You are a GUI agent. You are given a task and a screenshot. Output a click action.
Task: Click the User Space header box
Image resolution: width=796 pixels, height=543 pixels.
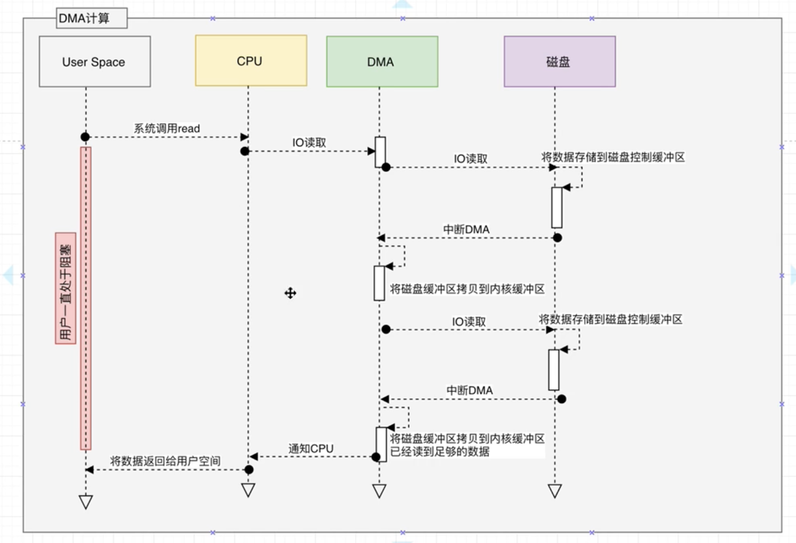point(95,61)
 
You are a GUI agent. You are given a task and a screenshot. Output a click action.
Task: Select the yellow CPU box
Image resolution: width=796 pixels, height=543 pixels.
point(251,61)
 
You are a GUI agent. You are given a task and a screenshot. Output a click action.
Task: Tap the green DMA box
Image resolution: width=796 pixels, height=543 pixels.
point(382,61)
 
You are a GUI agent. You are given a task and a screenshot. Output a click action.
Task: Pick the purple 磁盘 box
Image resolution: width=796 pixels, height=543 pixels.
point(560,61)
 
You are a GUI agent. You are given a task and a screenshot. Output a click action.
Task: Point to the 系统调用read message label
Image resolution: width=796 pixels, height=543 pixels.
point(166,128)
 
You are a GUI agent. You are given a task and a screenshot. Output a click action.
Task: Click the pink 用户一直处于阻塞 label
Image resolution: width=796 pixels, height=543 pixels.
point(65,289)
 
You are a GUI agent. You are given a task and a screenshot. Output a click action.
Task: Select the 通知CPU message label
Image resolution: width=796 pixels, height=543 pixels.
point(311,448)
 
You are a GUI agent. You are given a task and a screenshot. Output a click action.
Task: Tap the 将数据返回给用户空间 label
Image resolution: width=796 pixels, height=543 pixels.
point(165,461)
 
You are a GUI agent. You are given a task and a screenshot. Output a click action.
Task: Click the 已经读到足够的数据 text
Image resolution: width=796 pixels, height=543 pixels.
point(440,452)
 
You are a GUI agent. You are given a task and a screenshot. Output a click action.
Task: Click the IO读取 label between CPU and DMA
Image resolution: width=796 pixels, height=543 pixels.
point(309,143)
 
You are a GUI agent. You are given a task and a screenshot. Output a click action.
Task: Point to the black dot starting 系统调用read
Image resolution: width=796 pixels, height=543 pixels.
point(85,137)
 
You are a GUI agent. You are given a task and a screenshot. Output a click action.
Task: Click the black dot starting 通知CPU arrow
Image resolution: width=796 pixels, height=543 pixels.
point(376,457)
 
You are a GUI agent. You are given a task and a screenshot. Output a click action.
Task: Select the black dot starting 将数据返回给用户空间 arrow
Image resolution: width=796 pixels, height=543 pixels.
point(249,470)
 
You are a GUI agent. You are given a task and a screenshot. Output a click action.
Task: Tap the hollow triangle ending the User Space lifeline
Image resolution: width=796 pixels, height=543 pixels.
point(86,501)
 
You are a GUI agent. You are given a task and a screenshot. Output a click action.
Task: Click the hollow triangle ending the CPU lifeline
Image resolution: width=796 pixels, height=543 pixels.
point(248,490)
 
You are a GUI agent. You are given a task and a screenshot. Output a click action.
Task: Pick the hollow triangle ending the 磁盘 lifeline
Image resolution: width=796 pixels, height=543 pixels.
point(555,490)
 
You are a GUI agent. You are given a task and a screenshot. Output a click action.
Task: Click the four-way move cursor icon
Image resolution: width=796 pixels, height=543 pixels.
point(290,293)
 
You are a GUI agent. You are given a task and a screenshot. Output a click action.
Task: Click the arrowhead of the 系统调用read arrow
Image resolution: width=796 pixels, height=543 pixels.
point(244,137)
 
